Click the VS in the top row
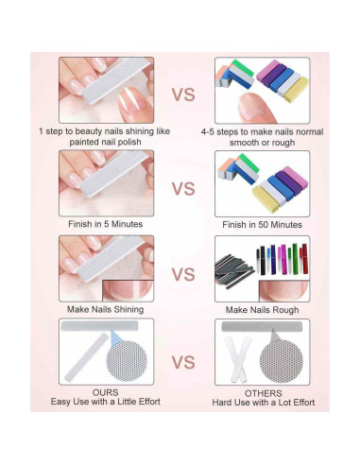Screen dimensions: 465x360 183,94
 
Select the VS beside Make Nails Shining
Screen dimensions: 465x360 183,273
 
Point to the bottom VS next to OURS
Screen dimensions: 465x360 183,361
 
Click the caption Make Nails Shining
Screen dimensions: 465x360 106,309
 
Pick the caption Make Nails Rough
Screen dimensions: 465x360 262,309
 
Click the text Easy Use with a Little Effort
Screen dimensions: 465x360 106,403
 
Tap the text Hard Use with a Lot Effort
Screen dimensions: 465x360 262,403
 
